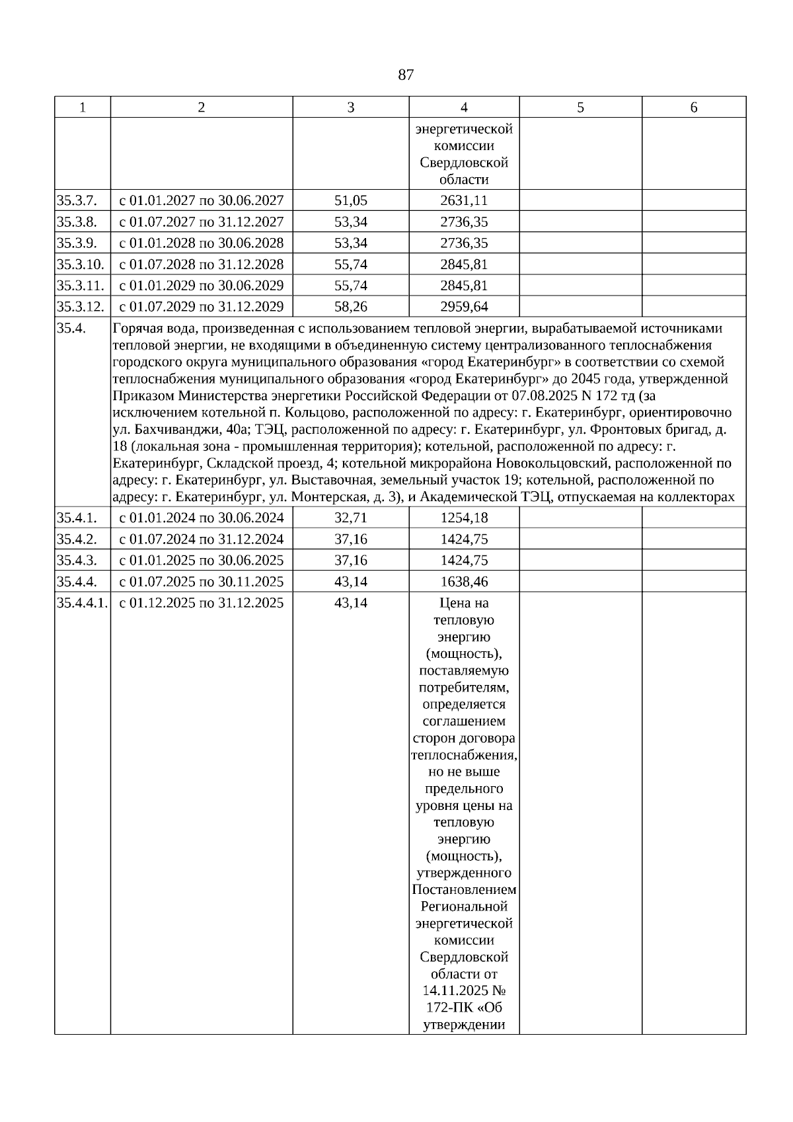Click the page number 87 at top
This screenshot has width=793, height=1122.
(x=406, y=75)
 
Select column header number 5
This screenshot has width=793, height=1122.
(x=580, y=107)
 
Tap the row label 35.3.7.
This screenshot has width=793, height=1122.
(x=77, y=200)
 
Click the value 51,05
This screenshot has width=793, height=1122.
(x=351, y=200)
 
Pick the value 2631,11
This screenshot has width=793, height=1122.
(x=464, y=200)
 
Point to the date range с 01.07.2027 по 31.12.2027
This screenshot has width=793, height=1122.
(x=201, y=221)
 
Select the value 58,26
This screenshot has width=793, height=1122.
(x=351, y=307)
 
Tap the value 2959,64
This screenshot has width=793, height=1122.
(x=464, y=307)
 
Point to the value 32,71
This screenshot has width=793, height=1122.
(x=351, y=518)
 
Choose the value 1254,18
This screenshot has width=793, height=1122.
(x=464, y=518)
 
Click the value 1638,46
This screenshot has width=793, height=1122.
(x=464, y=582)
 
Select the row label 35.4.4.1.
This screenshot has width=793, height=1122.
(x=83, y=603)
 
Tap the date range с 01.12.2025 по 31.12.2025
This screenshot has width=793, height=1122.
(x=201, y=603)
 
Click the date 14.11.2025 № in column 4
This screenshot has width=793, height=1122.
(x=464, y=991)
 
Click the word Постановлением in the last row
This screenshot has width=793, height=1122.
(x=464, y=890)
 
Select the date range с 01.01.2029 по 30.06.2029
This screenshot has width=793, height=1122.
(x=201, y=286)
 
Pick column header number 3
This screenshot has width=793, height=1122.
(x=351, y=107)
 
